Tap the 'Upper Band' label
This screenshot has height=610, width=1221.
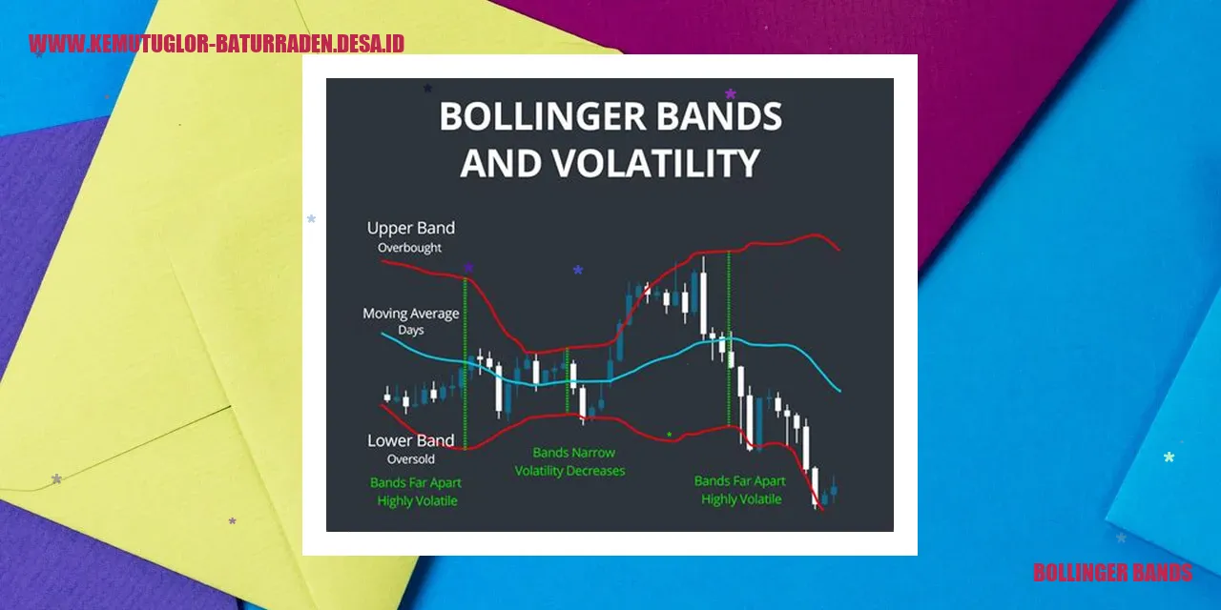(x=411, y=229)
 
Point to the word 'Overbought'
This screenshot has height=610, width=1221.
(x=411, y=248)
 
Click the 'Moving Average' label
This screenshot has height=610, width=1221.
(x=410, y=314)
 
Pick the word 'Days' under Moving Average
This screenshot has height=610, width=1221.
(x=411, y=331)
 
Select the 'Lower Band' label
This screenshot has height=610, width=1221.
(x=410, y=440)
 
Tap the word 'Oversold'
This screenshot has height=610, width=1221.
(x=411, y=459)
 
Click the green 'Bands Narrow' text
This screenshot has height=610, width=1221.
(x=573, y=453)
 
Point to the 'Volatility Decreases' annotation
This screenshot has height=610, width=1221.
(x=569, y=471)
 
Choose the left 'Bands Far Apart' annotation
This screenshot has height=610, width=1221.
(x=416, y=482)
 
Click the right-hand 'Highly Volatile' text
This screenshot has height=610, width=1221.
(x=741, y=499)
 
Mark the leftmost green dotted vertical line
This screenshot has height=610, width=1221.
(x=465, y=362)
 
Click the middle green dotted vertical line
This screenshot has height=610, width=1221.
(x=567, y=381)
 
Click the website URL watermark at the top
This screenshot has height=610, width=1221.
(x=217, y=44)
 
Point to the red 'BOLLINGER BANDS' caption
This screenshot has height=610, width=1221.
(x=1112, y=573)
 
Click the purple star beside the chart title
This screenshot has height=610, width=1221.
(x=731, y=94)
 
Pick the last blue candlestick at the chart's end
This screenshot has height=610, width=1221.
(x=833, y=491)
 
